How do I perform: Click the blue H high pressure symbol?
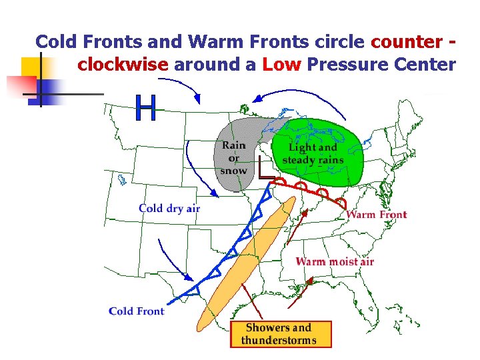point(146,108)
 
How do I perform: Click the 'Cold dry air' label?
point(169,208)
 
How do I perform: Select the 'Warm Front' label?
point(377,214)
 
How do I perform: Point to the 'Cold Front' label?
point(136,311)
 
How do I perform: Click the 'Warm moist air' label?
point(335,261)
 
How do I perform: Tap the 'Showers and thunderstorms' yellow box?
point(279,334)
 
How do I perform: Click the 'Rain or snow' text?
point(233,157)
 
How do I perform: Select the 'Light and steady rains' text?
point(313,153)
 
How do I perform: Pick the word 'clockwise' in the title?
point(123,65)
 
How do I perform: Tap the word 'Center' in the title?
point(421,65)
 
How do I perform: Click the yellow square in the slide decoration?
point(31,67)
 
